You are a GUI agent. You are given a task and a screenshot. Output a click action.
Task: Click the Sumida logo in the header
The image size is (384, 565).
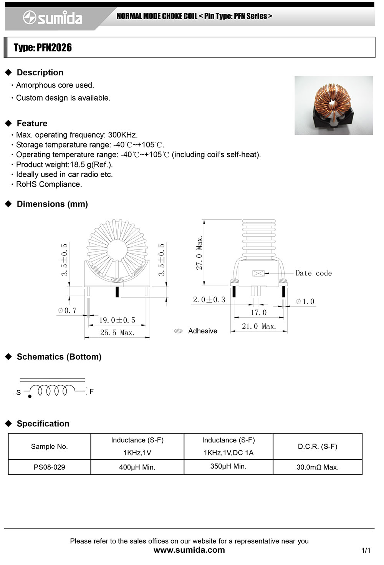point(53,18)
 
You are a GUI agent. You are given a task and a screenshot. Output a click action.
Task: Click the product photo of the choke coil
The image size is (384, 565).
point(333,105)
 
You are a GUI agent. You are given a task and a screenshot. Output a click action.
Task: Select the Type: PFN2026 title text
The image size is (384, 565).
point(43,48)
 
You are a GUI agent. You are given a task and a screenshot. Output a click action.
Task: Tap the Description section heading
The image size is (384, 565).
point(40,73)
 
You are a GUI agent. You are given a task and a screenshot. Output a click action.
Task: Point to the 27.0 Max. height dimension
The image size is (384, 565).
point(199,253)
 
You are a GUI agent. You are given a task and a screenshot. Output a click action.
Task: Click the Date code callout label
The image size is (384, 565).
point(313,273)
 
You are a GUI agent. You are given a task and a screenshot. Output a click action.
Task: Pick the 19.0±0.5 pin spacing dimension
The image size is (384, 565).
point(117,320)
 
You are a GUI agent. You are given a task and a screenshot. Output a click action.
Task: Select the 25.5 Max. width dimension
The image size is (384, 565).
point(117,333)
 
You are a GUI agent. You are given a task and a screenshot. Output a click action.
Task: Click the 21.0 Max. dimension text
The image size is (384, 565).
point(259,326)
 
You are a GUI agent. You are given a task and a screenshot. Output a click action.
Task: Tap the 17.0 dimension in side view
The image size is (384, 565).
point(258,313)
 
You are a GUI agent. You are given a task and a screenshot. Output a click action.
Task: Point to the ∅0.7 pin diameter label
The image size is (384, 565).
point(67,310)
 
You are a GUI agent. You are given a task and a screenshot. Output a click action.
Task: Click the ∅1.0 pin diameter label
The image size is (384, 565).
point(305,302)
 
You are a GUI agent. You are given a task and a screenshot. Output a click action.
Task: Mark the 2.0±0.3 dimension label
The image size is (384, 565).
point(209,300)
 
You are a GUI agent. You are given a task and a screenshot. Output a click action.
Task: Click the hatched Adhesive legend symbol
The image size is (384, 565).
point(178,331)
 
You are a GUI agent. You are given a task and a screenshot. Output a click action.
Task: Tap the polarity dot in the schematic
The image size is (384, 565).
point(30,396)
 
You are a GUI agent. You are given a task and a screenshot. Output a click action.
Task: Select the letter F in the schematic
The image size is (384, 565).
point(91,391)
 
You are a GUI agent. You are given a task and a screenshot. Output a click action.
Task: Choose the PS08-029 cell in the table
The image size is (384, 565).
point(49,467)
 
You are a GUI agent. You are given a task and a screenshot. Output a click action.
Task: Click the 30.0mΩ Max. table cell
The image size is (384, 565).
point(317,467)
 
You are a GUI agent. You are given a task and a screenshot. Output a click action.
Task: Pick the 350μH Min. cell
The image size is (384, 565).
point(228,466)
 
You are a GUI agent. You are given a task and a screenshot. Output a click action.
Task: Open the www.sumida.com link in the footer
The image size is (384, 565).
point(189,550)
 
